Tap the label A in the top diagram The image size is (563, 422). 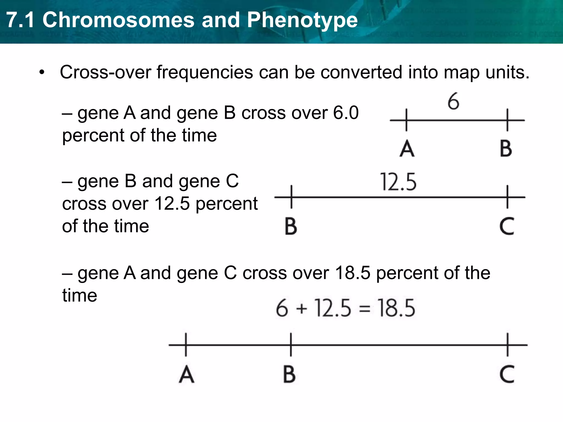coord(407,149)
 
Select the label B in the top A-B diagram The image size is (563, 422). coord(506,149)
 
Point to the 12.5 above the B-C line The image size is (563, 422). coord(398,182)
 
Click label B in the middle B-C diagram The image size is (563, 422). coord(291,226)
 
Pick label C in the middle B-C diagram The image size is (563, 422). coord(507,226)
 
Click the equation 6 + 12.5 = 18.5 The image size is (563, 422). coord(345,308)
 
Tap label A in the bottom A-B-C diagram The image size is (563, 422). coord(186,374)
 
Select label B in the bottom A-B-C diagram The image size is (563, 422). coord(289,374)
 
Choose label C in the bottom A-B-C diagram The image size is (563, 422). coord(507,374)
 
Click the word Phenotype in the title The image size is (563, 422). coord(302,20)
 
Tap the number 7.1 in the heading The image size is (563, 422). coord(21,20)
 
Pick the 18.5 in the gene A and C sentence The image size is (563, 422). coord(353,273)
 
